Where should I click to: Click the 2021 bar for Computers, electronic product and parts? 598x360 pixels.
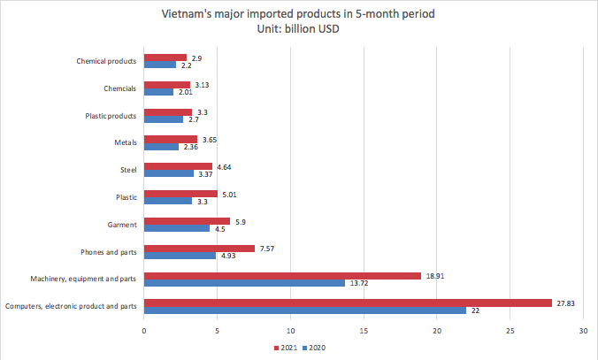tap(348, 303)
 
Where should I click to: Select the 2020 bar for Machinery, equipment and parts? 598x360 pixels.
tap(244, 283)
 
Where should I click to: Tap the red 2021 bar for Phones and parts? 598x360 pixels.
tap(199, 249)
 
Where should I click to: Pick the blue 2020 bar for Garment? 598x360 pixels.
tap(177, 228)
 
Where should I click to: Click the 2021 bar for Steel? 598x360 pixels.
tap(178, 166)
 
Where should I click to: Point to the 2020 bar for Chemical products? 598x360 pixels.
tap(160, 65)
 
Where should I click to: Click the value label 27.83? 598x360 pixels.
tap(563, 303)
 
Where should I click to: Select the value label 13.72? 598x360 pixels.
tap(359, 283)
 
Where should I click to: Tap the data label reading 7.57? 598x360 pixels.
tap(267, 249)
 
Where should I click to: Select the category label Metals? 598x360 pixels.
tap(125, 142)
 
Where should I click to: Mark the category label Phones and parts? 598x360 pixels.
tap(108, 252)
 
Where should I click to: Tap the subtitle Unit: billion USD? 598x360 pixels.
tap(297, 29)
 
